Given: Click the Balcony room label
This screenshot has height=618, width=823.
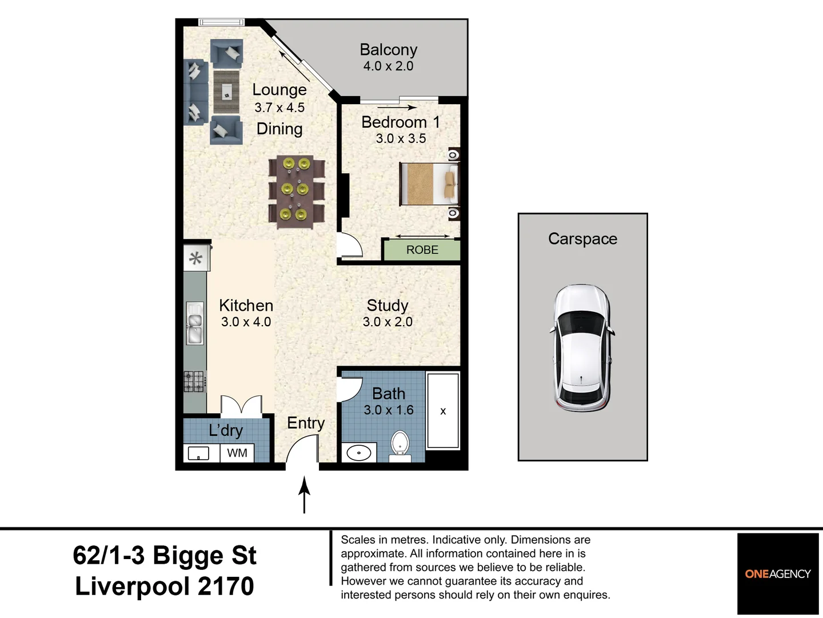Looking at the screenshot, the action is (x=389, y=50).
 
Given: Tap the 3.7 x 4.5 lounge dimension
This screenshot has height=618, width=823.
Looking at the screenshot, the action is (x=279, y=108).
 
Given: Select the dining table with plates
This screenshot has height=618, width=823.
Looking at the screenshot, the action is (x=296, y=191).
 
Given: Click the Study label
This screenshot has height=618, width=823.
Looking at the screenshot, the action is (x=387, y=306).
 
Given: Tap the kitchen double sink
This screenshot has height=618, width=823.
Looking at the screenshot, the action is (x=195, y=323).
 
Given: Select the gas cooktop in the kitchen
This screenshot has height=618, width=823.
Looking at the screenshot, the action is (x=194, y=381).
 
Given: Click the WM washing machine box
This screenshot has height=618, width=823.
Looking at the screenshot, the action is (x=237, y=453).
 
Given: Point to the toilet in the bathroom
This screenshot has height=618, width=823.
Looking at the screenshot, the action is (x=399, y=446).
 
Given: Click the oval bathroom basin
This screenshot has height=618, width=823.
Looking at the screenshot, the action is (x=359, y=453).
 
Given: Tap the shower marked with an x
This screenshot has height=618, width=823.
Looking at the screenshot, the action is (x=443, y=410).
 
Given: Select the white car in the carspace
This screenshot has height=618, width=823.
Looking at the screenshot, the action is (x=582, y=348).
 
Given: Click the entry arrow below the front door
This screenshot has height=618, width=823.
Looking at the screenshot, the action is (x=304, y=494).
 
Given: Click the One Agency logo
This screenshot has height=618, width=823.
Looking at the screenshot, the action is (x=778, y=574).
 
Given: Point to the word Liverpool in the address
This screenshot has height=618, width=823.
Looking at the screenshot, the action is (x=133, y=586).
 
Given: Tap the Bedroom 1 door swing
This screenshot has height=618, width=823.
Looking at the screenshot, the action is (x=350, y=245).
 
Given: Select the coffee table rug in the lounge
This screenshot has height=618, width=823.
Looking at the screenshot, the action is (x=226, y=92).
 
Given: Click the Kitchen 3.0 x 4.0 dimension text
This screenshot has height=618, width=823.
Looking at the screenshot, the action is (x=246, y=322).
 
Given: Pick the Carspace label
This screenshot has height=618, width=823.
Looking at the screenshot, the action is (x=582, y=239).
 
